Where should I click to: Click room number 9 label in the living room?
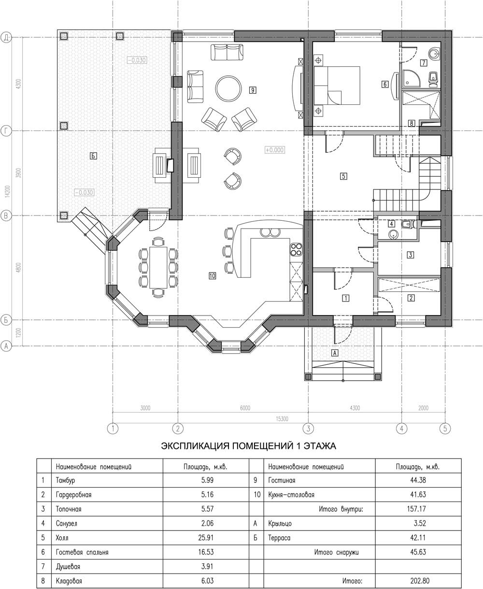point(253,90)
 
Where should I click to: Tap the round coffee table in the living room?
point(228,89)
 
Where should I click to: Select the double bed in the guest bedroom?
point(337,86)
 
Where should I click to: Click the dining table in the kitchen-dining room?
point(158,267)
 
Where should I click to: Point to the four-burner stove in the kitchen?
point(296,249)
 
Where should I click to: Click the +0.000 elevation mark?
point(275,150)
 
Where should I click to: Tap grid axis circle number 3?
point(308,428)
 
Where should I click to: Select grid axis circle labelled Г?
point(6,131)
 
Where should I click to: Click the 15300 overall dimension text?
point(282,419)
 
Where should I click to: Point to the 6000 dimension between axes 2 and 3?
point(245,408)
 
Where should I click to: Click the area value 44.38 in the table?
point(418,480)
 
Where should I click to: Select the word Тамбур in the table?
point(65,481)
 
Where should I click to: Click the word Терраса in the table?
point(279,538)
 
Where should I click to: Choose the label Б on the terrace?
point(93,156)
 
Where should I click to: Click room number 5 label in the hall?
point(343,176)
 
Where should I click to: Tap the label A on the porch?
point(335,353)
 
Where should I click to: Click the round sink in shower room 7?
point(434,53)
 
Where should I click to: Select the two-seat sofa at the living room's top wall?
point(227,52)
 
